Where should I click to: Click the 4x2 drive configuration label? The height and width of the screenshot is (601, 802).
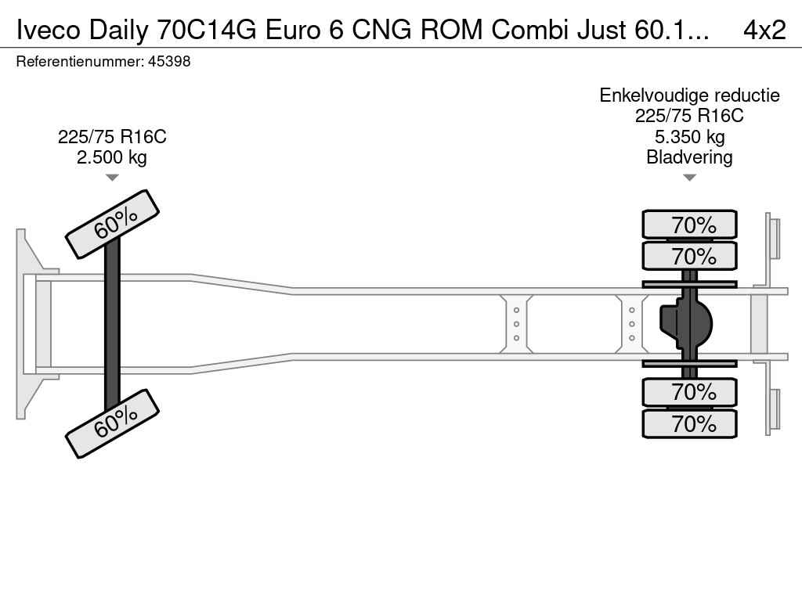pos(764,29)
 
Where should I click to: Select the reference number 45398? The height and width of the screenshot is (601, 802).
pos(168,61)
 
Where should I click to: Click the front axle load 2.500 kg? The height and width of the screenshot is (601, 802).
pos(112,157)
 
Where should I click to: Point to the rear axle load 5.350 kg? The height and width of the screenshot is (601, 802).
pos(689,137)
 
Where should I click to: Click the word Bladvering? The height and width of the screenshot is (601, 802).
pos(689,157)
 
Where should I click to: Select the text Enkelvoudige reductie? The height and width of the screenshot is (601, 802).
pos(689,95)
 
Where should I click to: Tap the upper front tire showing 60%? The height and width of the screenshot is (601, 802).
pos(112,224)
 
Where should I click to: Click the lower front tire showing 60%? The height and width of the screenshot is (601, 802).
pos(112,423)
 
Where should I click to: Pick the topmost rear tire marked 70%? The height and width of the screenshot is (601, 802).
pos(689,225)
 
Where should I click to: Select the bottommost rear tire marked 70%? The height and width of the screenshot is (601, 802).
pos(689,424)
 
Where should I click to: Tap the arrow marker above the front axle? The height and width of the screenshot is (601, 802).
pos(112,178)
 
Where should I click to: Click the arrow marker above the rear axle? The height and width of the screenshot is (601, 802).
pos(689,178)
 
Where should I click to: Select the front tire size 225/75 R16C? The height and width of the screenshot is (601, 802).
pos(112,137)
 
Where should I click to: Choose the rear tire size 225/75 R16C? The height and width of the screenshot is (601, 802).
pos(689,116)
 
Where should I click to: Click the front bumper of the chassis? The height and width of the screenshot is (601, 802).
pos(27,323)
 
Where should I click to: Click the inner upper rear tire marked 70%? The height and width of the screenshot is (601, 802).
pos(689,256)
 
